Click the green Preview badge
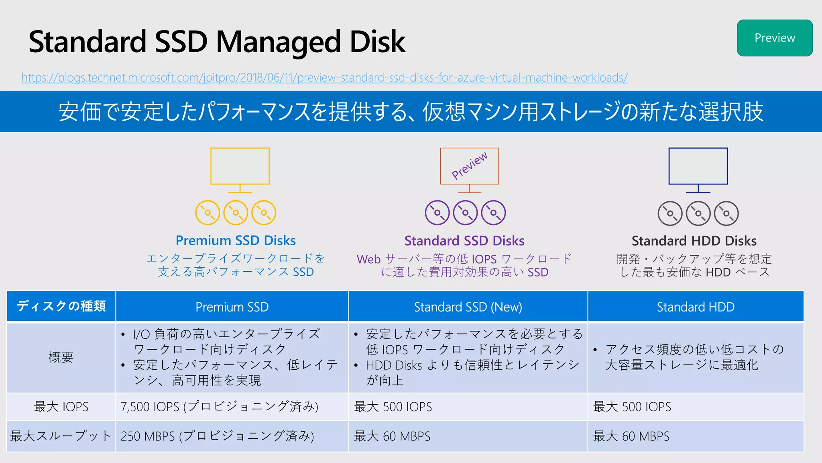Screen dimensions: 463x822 [x=775, y=38]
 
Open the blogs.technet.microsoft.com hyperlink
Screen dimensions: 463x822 [x=324, y=77]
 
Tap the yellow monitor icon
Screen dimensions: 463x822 [x=240, y=166]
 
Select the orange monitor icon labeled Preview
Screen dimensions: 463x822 [x=469, y=166]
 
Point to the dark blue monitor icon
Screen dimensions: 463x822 [x=698, y=166]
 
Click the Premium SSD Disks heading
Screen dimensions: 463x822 [x=236, y=240]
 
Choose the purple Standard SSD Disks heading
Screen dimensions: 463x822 [x=464, y=241]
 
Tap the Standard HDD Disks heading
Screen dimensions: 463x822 [x=694, y=241]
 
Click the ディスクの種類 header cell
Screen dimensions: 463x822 [x=61, y=306]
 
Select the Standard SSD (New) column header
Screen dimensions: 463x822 [x=468, y=307]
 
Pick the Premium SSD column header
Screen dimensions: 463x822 [x=232, y=307]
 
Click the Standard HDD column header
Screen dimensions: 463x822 [x=696, y=307]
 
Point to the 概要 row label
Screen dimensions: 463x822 [x=61, y=357]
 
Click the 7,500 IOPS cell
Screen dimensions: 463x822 [x=219, y=407]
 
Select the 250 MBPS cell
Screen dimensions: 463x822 [x=217, y=436]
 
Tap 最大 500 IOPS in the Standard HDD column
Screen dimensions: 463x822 [x=632, y=407]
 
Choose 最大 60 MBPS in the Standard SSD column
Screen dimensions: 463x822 [x=392, y=436]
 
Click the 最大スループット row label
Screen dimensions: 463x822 [x=61, y=436]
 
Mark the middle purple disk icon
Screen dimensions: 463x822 [x=465, y=213]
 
